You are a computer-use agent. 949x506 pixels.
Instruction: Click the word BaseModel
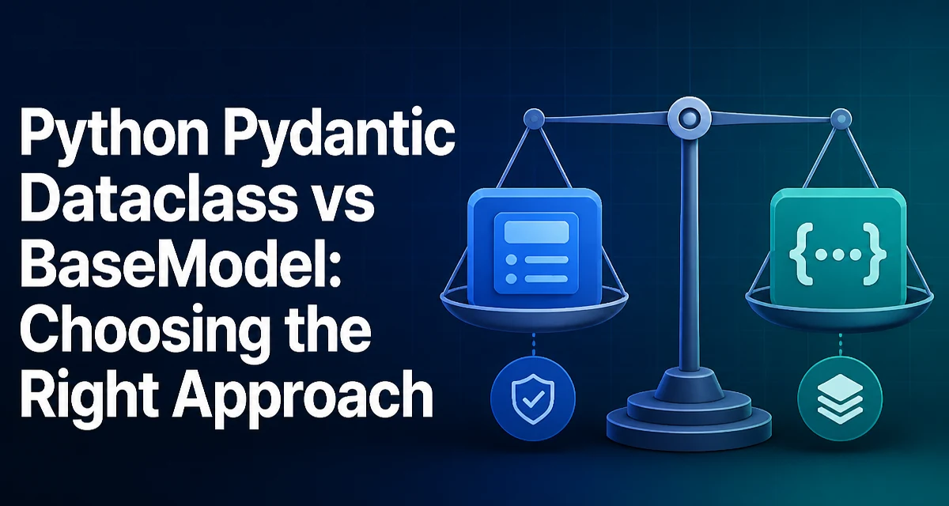[x=168, y=262]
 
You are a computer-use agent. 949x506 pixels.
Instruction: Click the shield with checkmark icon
[x=533, y=399]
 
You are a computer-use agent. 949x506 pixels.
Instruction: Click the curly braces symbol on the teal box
[x=838, y=253]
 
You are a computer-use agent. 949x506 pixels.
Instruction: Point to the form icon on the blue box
[x=536, y=253]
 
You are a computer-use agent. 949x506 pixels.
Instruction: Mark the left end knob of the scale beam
[x=535, y=117]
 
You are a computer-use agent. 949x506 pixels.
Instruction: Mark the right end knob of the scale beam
[x=841, y=118]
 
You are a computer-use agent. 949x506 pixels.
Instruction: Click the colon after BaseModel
[x=333, y=266]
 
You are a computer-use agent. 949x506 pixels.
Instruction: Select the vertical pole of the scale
[x=690, y=254]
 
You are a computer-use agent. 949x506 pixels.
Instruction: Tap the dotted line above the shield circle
[x=533, y=345]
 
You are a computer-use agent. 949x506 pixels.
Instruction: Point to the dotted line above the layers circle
[x=840, y=345]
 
